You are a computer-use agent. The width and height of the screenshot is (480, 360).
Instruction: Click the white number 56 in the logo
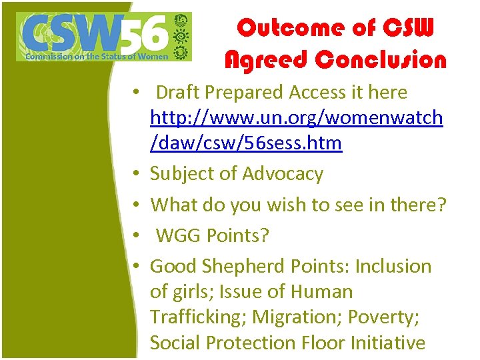(x=145, y=33)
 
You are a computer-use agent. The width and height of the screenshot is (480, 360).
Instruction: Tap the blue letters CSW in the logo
(x=70, y=33)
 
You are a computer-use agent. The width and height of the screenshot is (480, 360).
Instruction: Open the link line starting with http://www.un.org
(x=296, y=118)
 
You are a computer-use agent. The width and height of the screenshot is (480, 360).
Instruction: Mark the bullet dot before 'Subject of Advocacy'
(x=136, y=175)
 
